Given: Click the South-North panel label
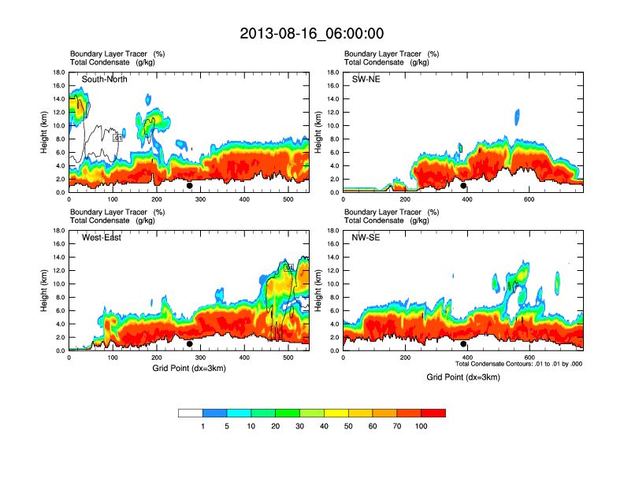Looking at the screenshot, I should (x=105, y=80).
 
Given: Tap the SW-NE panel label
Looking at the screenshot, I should (x=366, y=80).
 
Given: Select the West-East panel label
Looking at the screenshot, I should (x=102, y=238).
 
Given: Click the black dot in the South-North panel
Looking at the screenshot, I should (x=189, y=186).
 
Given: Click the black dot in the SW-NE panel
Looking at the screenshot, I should (x=463, y=186).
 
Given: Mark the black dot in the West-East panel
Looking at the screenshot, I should (x=189, y=343).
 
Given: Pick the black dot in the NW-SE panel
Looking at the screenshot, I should (x=463, y=343).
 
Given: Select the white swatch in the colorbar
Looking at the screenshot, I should (x=191, y=413).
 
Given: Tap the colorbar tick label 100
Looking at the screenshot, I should (x=422, y=426).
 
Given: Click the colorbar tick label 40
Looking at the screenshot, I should (x=325, y=426).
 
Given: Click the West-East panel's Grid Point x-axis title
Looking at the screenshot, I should (x=188, y=369).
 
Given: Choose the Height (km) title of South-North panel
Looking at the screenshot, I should (x=44, y=132).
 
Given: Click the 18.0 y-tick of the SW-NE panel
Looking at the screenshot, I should (x=332, y=72).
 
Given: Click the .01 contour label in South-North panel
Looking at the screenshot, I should (x=117, y=138).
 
